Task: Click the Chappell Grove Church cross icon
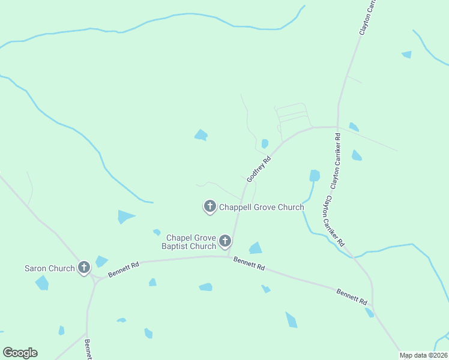[x=210, y=206]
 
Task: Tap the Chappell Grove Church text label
[x=261, y=208]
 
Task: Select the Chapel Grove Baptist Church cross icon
[x=225, y=241]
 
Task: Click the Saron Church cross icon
[x=84, y=268]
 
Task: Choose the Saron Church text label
[x=49, y=268]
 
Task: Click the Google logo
[x=20, y=353]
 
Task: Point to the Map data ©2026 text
[x=424, y=355]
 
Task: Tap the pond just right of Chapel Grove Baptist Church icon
[x=256, y=248]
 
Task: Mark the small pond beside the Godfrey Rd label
[x=265, y=143]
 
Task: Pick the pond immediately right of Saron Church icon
[x=101, y=261]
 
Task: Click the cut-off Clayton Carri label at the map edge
[x=367, y=17]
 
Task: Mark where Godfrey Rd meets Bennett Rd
[x=229, y=257]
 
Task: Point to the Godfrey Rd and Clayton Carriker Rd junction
[x=337, y=127]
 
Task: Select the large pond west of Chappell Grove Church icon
[x=125, y=216]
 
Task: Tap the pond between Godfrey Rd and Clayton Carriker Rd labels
[x=315, y=175]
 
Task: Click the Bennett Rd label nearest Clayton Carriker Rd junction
[x=352, y=298]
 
